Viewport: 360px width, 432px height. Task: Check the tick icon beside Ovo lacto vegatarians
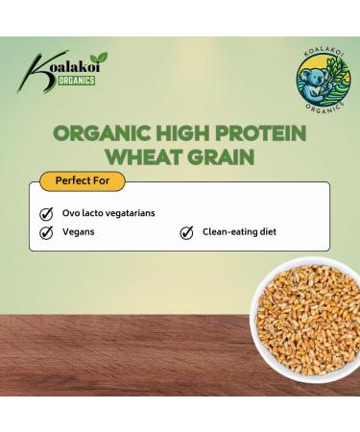click(46, 213)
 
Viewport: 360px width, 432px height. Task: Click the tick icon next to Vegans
click(46, 232)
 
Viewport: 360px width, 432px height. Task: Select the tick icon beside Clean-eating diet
click(186, 232)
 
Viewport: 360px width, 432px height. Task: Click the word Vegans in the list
click(82, 232)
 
